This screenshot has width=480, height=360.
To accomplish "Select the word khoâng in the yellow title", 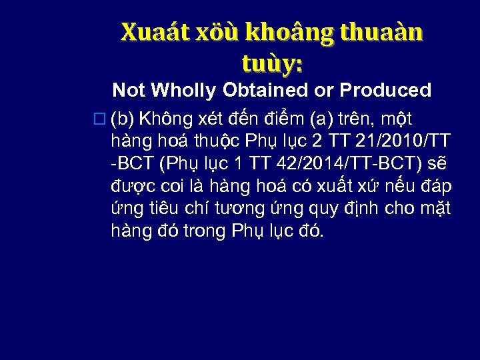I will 279,32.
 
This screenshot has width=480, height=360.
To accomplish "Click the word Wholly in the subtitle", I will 175,89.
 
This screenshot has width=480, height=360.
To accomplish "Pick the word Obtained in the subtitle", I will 259,89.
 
